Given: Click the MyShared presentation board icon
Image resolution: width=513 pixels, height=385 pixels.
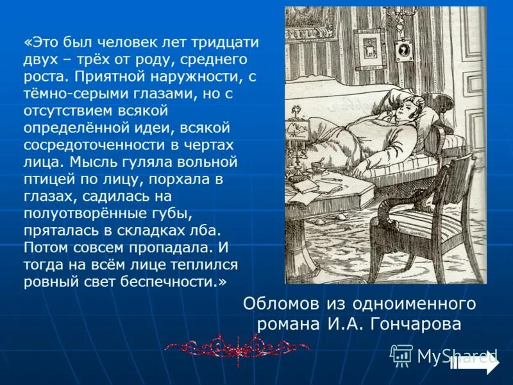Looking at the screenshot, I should [x=401, y=355].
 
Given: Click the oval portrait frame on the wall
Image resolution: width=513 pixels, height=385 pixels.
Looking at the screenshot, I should [x=403, y=51].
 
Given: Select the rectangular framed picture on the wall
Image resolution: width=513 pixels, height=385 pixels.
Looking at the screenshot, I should [x=369, y=47].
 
